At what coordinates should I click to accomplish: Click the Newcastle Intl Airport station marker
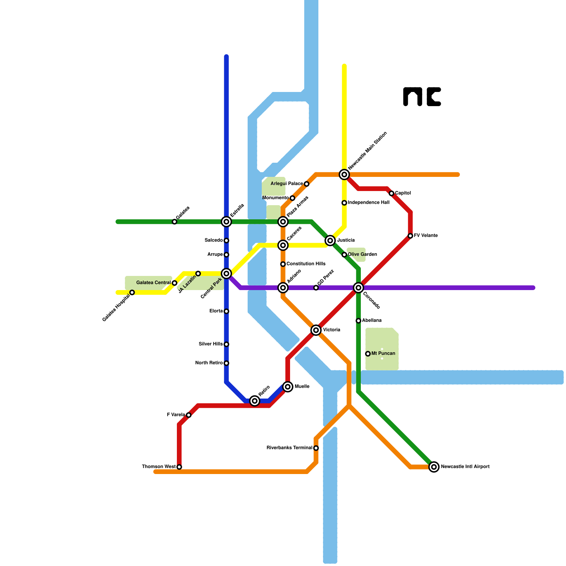tap(434, 467)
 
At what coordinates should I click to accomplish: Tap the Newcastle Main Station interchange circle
tap(344, 174)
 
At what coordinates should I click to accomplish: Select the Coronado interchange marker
tap(358, 288)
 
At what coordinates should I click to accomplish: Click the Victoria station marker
tap(316, 330)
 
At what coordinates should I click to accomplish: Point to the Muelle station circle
tap(288, 387)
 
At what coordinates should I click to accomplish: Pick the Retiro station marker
tap(255, 401)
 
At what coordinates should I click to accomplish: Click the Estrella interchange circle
tap(226, 222)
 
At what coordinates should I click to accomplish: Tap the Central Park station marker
tap(226, 273)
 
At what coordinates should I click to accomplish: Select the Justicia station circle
tap(330, 241)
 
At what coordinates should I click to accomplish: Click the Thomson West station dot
tap(179, 467)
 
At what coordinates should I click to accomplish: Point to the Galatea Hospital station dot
tap(132, 293)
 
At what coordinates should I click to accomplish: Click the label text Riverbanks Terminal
tap(289, 448)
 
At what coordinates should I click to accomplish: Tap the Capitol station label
tap(403, 193)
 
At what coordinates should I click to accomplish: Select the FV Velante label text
tap(426, 236)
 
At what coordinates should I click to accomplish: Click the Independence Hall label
tap(368, 203)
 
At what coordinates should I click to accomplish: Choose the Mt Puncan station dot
tap(368, 354)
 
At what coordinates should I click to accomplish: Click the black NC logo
tap(422, 97)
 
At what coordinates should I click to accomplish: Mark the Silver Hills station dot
tap(226, 344)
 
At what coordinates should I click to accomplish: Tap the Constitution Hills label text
tap(306, 264)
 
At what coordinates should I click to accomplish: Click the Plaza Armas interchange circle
tap(283, 222)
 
